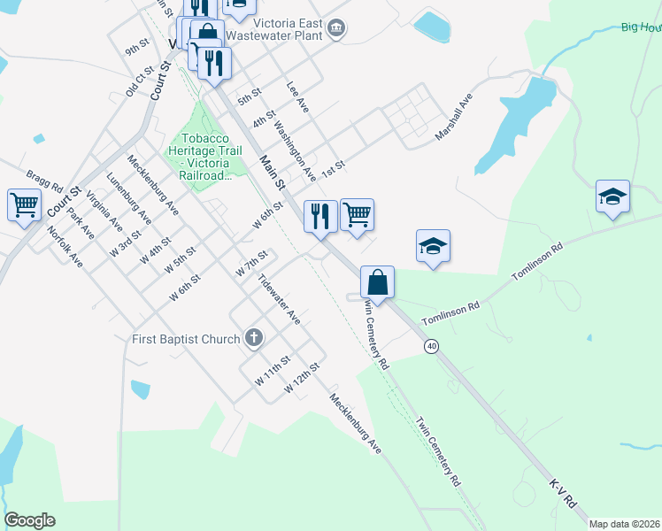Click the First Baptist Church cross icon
coord(254,338)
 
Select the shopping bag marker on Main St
coord(377,283)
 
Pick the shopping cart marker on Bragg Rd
coord(24,206)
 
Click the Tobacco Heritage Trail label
coord(206,157)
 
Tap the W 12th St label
coord(301,378)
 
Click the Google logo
coord(29,520)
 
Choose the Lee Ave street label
coord(297,96)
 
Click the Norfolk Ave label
coord(65,248)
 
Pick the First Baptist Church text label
coord(186,339)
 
